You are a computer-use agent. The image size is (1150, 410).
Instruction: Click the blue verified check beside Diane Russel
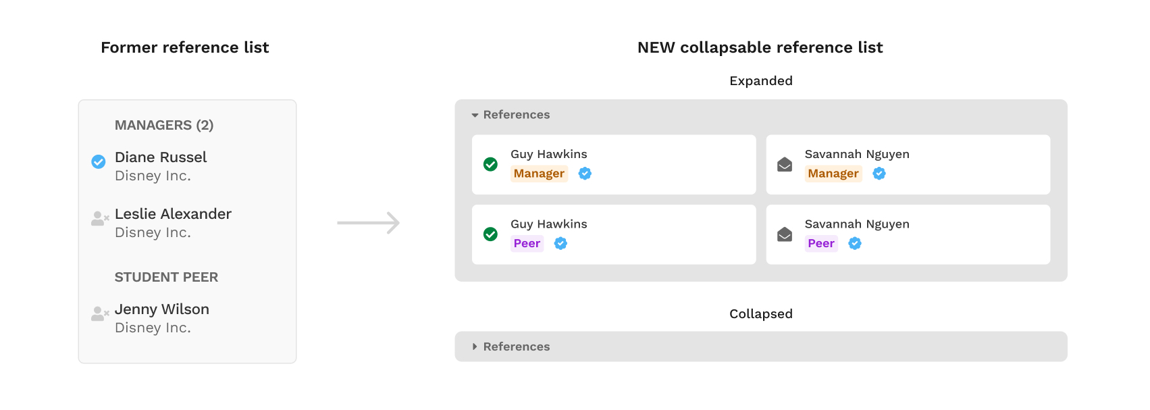coord(99,161)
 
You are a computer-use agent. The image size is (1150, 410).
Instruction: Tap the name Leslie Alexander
coord(173,214)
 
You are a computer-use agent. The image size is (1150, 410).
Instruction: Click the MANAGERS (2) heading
coord(164,125)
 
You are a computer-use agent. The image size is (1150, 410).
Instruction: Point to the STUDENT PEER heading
coord(166,277)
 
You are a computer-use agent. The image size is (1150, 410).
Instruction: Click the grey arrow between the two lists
coord(369,223)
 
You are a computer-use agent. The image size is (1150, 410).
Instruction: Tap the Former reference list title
coord(185,47)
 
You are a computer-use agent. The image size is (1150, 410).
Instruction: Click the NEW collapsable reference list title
coord(760,47)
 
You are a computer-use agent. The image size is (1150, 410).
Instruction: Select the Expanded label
coord(760,81)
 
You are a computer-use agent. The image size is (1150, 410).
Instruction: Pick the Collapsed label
coord(760,314)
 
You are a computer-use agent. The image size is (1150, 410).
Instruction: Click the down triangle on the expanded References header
coord(475,116)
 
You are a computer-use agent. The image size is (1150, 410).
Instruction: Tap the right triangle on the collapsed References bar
coord(475,347)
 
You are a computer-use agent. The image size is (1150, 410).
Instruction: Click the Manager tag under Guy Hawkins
coord(539,174)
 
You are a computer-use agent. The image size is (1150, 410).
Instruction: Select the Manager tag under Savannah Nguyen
coord(833,174)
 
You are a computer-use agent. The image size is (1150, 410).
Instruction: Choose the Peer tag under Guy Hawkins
coord(527,244)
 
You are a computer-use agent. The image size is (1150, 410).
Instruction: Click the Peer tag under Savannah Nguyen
coord(821,244)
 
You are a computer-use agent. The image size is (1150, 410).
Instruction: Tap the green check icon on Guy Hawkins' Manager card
coord(491,164)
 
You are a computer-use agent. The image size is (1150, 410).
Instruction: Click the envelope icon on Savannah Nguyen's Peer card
coord(785,234)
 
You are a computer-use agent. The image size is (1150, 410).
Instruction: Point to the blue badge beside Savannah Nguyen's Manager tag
coord(879,174)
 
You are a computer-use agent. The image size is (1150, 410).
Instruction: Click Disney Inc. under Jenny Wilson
coord(153,328)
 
